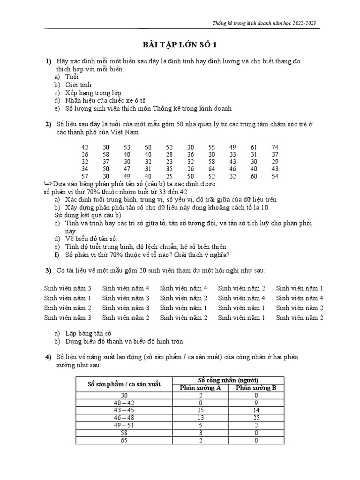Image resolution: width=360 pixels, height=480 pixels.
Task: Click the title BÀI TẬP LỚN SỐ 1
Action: click(180, 45)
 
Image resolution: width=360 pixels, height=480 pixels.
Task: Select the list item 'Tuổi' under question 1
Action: click(72, 77)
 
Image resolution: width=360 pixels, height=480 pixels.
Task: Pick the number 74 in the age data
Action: click(275, 147)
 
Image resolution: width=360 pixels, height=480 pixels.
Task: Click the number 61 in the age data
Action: click(254, 147)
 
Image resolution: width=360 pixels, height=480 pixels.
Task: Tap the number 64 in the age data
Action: click(211, 169)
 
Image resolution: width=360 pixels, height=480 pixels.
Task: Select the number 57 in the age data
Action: click(85, 176)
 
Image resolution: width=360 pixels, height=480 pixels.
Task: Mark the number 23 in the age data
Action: click(169, 162)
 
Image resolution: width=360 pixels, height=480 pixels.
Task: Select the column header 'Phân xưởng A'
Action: click(201, 388)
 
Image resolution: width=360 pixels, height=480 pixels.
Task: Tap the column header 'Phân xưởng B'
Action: click(256, 388)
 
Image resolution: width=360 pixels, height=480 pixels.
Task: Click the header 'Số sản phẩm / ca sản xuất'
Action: click(124, 384)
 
